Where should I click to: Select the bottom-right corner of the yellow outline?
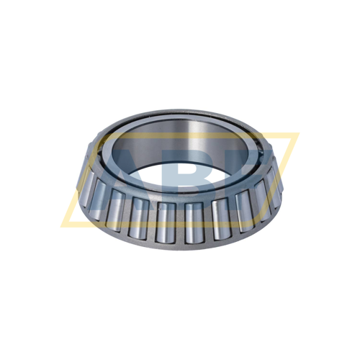tap(266, 217)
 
